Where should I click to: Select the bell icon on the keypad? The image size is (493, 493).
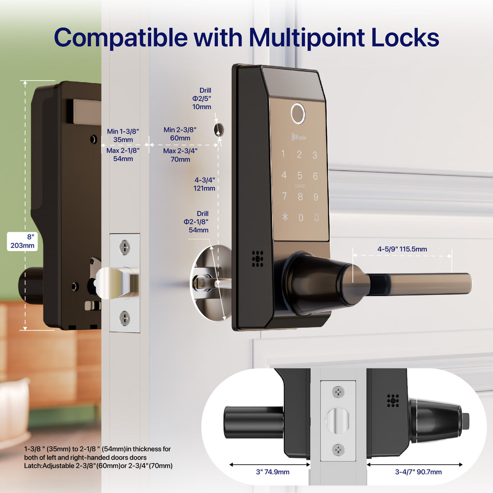click(x=316, y=218)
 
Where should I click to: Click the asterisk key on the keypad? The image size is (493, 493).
click(x=285, y=217)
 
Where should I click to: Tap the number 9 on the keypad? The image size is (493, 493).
click(x=316, y=197)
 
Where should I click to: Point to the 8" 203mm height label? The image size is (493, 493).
click(x=22, y=241)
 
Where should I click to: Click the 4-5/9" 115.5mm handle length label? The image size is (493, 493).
click(x=402, y=249)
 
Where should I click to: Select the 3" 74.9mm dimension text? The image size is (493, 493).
click(x=272, y=472)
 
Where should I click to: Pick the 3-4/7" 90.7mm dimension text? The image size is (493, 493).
click(x=418, y=472)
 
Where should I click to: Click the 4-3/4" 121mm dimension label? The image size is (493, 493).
click(x=204, y=184)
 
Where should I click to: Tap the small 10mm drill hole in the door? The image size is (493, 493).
click(x=219, y=130)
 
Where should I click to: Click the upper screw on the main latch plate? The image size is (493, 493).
click(x=124, y=247)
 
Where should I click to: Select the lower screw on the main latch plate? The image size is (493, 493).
click(x=124, y=318)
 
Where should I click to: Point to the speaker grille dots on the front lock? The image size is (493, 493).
click(x=258, y=259)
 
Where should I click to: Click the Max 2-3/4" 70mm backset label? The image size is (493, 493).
click(x=180, y=155)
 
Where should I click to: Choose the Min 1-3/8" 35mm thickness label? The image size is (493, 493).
click(x=123, y=135)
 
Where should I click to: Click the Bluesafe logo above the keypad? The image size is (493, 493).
click(x=299, y=137)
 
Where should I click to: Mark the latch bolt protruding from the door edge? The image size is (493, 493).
click(x=116, y=282)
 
